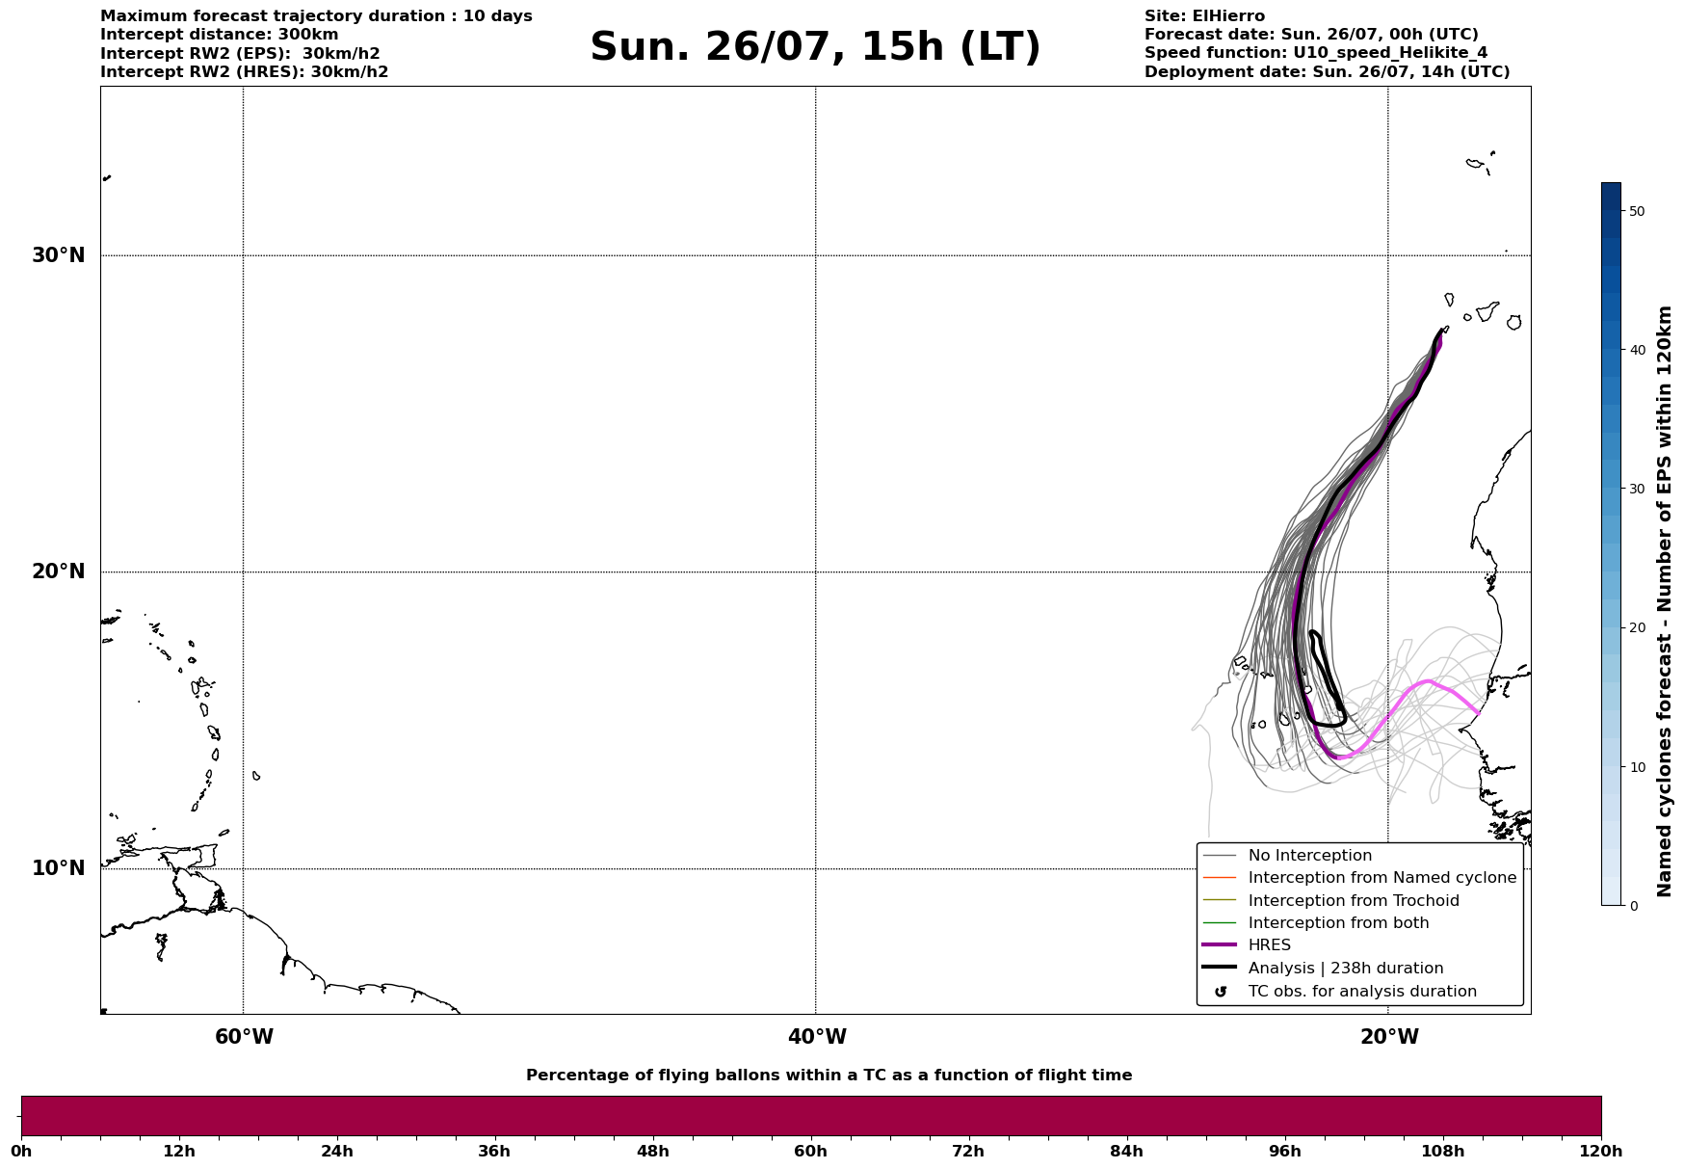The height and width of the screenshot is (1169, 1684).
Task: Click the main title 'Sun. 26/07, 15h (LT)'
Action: click(x=815, y=47)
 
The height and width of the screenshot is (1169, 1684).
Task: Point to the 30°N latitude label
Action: click(x=58, y=255)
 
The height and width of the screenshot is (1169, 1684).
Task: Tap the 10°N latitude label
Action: click(x=58, y=868)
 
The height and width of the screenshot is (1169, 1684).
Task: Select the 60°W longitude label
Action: click(x=244, y=1037)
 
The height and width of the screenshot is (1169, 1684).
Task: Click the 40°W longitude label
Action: click(x=817, y=1037)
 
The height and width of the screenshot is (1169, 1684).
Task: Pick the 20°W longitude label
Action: click(x=1389, y=1037)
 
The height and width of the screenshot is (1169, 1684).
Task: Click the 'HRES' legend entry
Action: click(x=1269, y=945)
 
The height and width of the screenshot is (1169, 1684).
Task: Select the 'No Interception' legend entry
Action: click(x=1309, y=856)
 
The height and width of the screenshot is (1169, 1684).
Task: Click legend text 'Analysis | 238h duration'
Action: click(x=1346, y=969)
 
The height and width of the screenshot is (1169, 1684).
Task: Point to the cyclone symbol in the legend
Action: click(x=1221, y=992)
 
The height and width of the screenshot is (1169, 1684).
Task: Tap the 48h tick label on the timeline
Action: click(x=652, y=1151)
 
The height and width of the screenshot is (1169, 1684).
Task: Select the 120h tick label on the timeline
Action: click(x=1600, y=1151)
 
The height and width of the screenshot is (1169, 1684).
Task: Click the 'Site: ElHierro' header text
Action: click(x=1204, y=16)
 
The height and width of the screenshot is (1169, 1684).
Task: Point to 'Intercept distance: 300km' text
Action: click(x=220, y=35)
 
